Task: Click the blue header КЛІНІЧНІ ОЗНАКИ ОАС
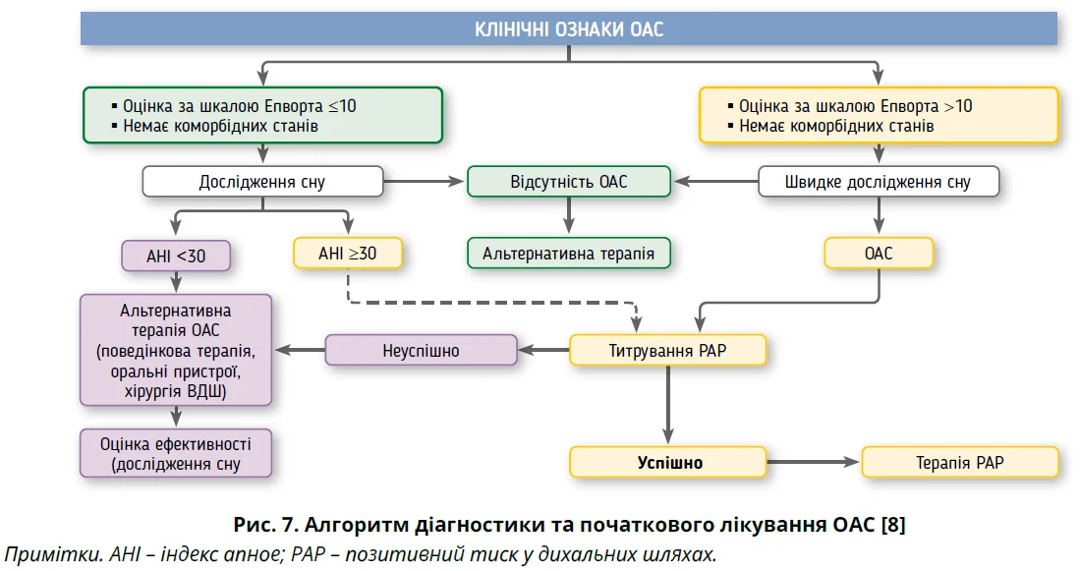[568, 29]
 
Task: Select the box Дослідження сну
[261, 182]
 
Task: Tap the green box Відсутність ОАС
[568, 182]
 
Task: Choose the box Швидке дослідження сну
[878, 182]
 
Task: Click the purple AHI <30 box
[176, 256]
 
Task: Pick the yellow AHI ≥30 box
[347, 254]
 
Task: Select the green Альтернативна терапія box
[568, 254]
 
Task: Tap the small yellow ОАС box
[878, 254]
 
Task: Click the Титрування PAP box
[666, 351]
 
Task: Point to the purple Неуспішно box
[420, 350]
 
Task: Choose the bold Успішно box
[668, 462]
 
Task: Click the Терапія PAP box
[959, 462]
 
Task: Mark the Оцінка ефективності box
[176, 453]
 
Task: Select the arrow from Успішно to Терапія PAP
[813, 462]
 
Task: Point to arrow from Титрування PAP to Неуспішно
[543, 350]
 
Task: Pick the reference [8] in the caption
[892, 524]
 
